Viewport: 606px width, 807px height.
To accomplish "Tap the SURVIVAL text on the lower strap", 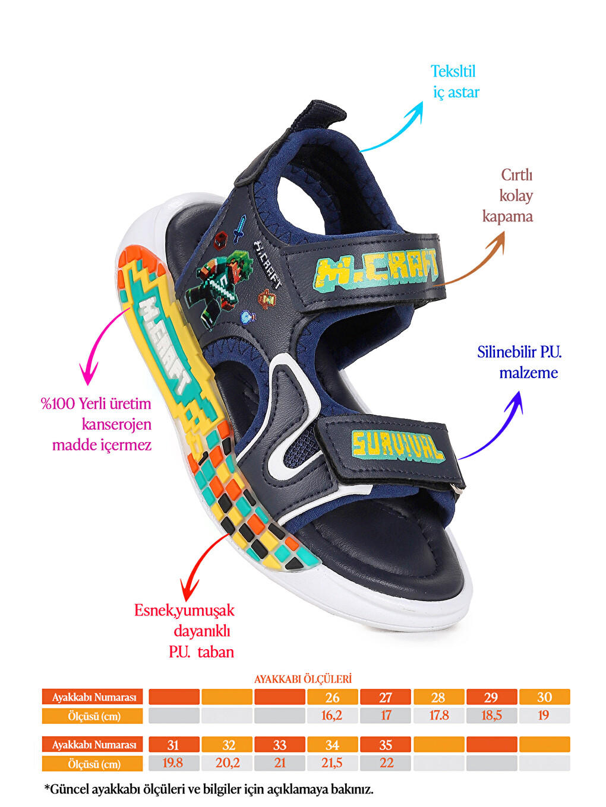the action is click(397, 448).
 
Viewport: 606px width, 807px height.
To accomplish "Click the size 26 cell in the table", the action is click(332, 697).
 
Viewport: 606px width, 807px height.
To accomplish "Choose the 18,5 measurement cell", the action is click(491, 716).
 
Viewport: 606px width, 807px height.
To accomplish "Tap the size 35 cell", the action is click(385, 745).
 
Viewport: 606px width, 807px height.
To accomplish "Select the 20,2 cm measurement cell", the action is click(227, 763).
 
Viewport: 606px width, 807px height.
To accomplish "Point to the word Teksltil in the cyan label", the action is click(453, 71).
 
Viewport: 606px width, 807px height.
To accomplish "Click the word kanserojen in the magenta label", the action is click(116, 425).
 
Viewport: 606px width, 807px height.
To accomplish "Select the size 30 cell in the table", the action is click(545, 697).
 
